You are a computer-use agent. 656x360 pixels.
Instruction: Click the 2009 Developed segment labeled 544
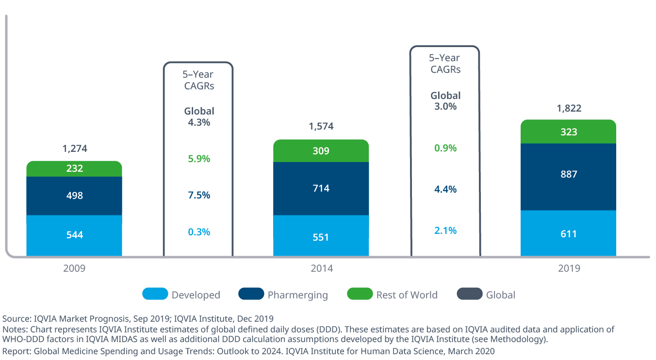click(74, 235)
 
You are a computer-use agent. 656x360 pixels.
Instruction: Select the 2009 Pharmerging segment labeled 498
click(74, 196)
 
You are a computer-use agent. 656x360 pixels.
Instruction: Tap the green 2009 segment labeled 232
click(74, 169)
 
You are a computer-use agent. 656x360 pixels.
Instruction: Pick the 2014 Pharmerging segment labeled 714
click(321, 188)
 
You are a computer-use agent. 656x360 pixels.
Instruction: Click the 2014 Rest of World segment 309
click(321, 151)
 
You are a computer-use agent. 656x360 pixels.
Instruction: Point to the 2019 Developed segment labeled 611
click(568, 234)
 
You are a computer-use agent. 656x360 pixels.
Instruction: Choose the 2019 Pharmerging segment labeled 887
click(568, 174)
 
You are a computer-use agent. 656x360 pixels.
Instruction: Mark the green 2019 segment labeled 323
click(568, 131)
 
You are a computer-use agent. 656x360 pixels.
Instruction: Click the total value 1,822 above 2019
click(569, 108)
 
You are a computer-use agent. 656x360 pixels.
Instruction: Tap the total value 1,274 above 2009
click(75, 149)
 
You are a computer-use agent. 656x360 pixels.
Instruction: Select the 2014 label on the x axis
click(321, 268)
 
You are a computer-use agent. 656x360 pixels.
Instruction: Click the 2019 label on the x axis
click(568, 268)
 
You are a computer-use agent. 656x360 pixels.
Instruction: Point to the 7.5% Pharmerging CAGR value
click(199, 195)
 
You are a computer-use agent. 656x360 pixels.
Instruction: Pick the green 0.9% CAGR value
click(445, 148)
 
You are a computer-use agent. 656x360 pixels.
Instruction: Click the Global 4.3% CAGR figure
click(199, 122)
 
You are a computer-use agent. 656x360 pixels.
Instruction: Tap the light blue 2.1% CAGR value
click(445, 230)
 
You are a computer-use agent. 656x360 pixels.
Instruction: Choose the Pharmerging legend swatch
click(251, 294)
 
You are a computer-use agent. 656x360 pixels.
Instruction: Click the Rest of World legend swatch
click(360, 294)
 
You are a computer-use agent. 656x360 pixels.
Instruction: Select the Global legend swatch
click(470, 294)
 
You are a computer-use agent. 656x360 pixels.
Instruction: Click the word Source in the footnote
click(16, 319)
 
